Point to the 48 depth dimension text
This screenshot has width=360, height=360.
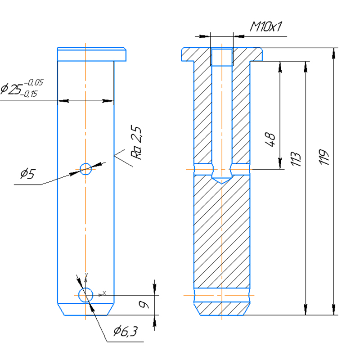(271, 140)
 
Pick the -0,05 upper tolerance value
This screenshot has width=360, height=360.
(34, 82)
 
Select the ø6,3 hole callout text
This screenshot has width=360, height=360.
(125, 332)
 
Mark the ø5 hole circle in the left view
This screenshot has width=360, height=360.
(85, 168)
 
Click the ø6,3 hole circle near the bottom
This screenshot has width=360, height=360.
(85, 295)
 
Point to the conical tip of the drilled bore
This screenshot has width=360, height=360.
(222, 180)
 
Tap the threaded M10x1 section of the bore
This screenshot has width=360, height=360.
(222, 57)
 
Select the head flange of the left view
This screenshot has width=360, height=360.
(91, 54)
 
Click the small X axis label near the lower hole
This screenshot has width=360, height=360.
(104, 293)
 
